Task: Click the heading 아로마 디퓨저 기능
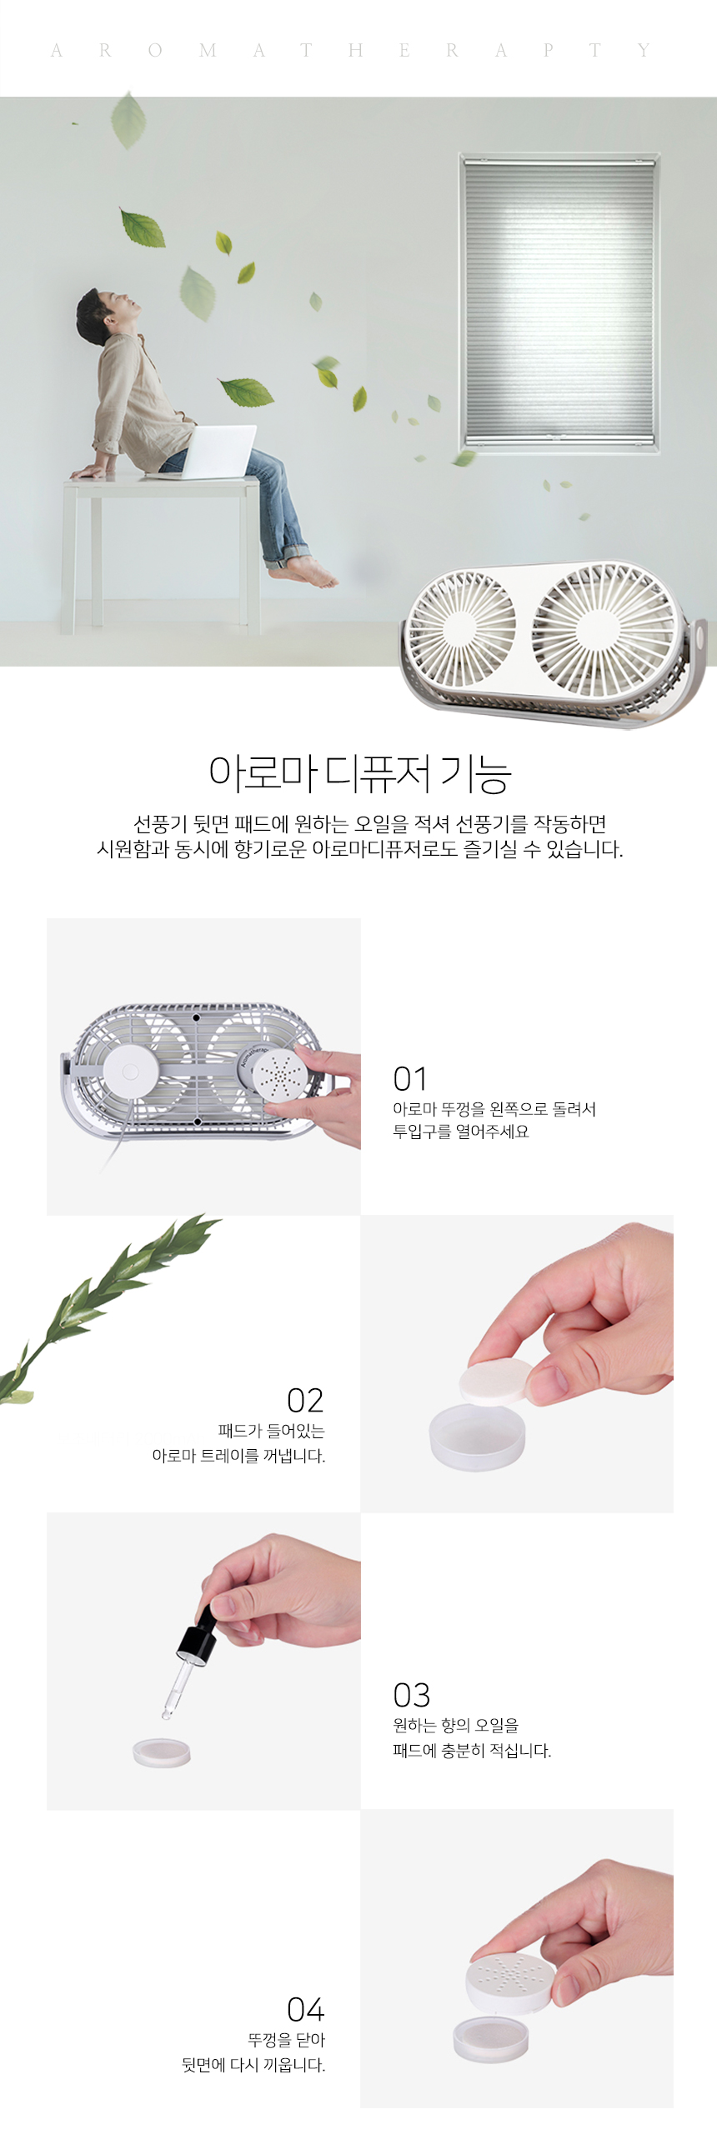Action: point(359,772)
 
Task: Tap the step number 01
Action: point(410,1079)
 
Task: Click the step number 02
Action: point(304,1400)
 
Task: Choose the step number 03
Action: point(412,1695)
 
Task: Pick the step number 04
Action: point(305,2010)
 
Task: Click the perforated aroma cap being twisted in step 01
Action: point(276,1078)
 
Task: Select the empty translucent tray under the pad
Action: point(477,1435)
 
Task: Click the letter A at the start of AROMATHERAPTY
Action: point(57,51)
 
